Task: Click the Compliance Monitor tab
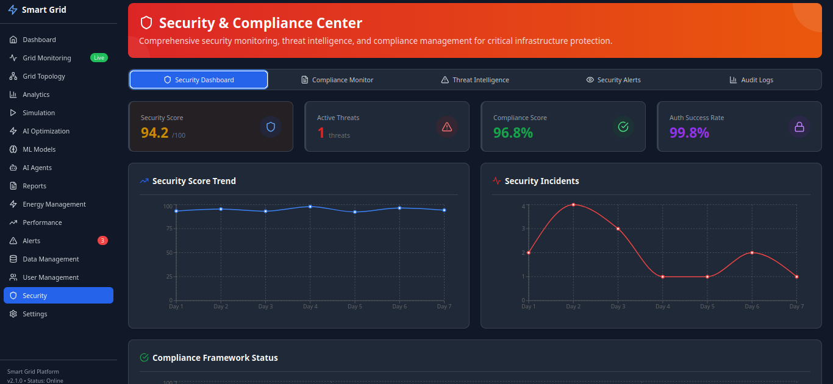[x=337, y=80]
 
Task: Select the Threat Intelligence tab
[x=475, y=80]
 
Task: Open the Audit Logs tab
[x=751, y=80]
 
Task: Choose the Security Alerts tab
[x=613, y=80]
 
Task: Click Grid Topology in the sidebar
[x=44, y=76]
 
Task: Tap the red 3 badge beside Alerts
[x=102, y=241]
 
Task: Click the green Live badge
[x=99, y=58]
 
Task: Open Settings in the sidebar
[x=35, y=314]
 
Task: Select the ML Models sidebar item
[x=39, y=149]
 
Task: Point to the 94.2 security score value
[x=154, y=132]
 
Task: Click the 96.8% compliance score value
[x=513, y=132]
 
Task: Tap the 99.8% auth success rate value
[x=689, y=132]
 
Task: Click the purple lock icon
[x=799, y=127]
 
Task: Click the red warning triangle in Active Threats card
[x=446, y=127]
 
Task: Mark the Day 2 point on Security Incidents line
[x=573, y=205]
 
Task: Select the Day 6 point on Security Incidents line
[x=752, y=252]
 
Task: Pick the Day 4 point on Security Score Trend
[x=310, y=207]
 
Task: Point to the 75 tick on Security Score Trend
[x=168, y=229]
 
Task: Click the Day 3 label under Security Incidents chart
[x=618, y=307]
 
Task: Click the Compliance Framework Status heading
[x=215, y=358]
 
